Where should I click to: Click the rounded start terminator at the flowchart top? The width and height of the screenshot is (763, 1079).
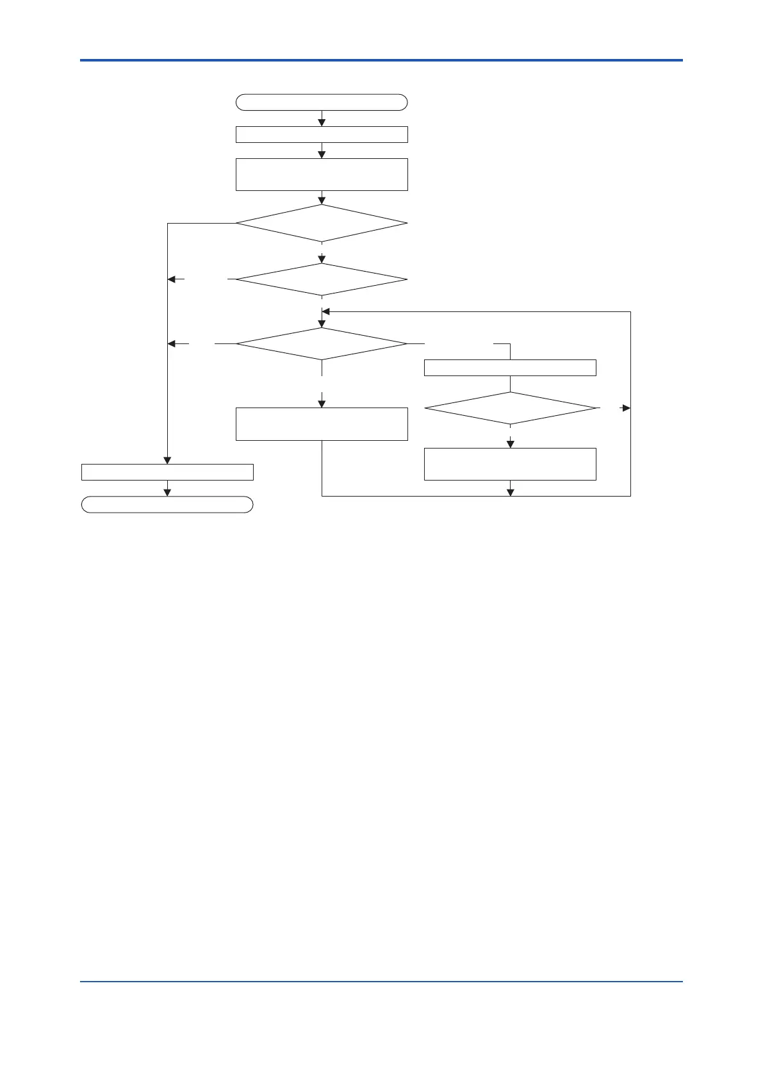(322, 103)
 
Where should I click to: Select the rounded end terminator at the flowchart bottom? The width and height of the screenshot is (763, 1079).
(167, 505)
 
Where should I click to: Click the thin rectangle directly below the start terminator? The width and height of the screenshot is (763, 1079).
(322, 135)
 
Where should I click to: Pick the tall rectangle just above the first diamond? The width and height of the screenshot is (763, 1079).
(322, 174)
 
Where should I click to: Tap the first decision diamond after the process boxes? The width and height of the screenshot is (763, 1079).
(322, 224)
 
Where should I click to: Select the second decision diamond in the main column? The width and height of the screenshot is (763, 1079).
(322, 280)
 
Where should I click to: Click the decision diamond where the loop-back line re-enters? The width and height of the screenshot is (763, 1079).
(322, 344)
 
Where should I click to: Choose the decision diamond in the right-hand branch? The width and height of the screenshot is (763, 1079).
(511, 408)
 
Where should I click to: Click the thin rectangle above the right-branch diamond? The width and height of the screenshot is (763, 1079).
(511, 368)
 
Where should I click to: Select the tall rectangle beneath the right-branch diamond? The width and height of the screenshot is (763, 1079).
(511, 464)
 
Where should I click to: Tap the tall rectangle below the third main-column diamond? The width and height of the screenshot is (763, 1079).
(322, 424)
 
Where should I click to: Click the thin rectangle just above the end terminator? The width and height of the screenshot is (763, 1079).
(167, 472)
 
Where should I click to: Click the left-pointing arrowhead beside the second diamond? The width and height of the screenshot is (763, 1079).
(172, 279)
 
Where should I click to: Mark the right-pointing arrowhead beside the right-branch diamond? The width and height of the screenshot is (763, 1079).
(626, 408)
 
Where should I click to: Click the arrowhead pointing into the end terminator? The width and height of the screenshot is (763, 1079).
(167, 492)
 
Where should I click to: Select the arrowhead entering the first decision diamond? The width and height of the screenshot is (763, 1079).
(322, 200)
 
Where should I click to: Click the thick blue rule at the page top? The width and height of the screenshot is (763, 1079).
(381, 60)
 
